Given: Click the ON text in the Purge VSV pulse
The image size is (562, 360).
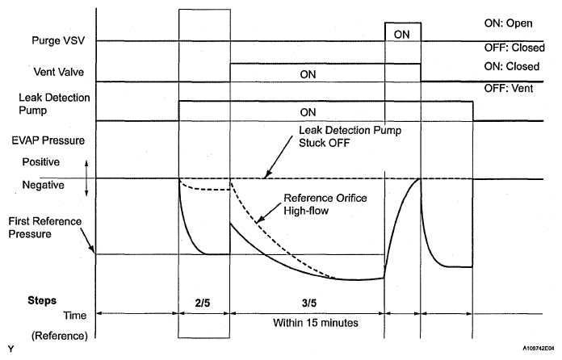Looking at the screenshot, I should click(x=401, y=34).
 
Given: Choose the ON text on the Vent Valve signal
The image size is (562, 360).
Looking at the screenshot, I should click(x=308, y=73).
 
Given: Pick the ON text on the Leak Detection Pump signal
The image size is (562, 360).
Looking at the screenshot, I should click(x=308, y=111).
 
